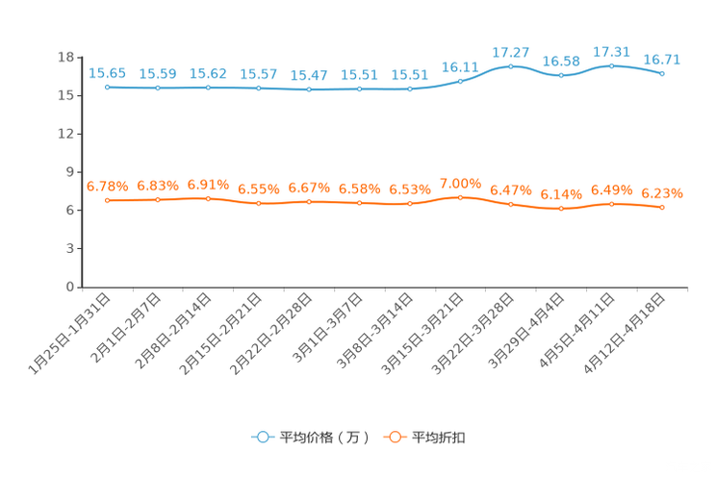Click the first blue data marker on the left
click(x=107, y=88)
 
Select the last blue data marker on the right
click(x=662, y=73)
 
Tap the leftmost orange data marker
click(x=107, y=200)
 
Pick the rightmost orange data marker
click(x=662, y=208)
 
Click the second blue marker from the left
click(x=158, y=88)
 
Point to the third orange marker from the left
click(x=208, y=198)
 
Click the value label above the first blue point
click(x=107, y=73)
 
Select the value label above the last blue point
click(x=662, y=60)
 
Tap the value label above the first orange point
click(x=107, y=186)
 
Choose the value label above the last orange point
click(x=662, y=193)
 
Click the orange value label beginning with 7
click(x=460, y=183)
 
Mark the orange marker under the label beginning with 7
click(x=460, y=197)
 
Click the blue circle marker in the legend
click(x=262, y=437)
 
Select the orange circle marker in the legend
click(x=394, y=437)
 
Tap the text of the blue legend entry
click(x=324, y=438)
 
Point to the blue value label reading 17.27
click(x=511, y=51)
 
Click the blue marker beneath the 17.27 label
click(x=511, y=65)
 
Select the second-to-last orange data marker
click(x=611, y=204)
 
